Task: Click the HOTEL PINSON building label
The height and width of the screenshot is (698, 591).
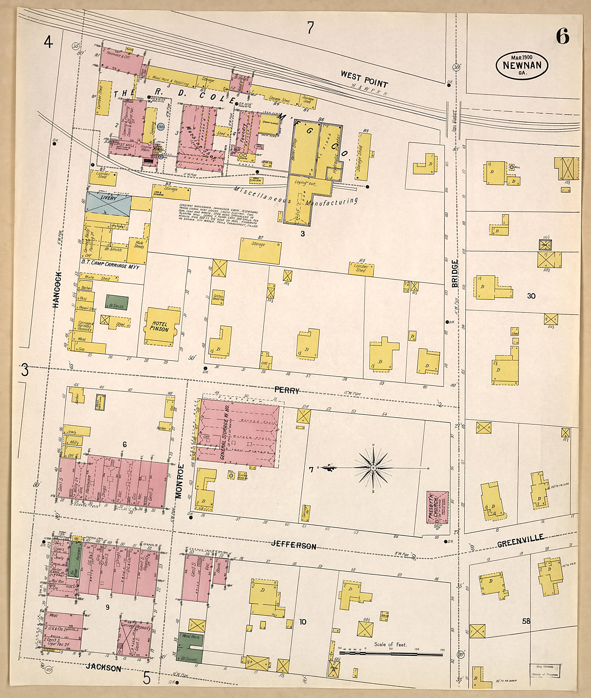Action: [x=160, y=327]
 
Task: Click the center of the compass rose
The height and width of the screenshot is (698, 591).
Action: [x=373, y=468]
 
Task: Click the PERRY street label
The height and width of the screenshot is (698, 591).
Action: [x=287, y=390]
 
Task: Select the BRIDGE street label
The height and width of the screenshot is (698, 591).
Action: [x=455, y=273]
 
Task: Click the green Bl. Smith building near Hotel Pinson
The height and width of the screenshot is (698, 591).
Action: [x=117, y=302]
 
